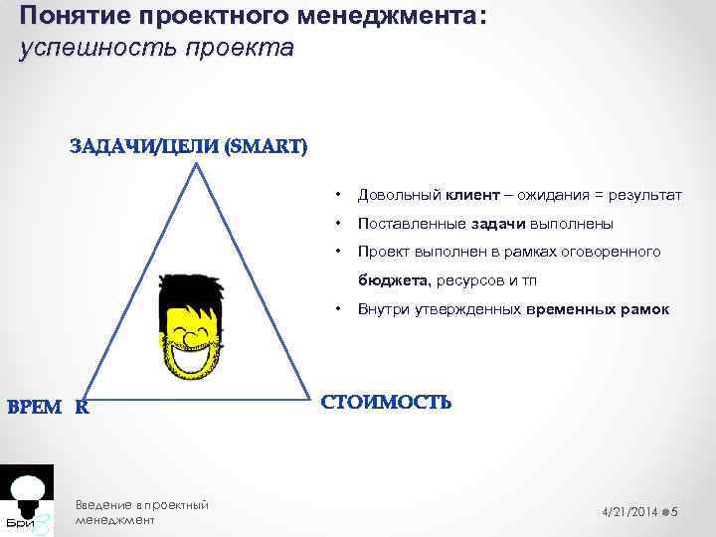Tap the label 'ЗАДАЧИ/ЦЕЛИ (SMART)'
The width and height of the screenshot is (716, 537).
188,147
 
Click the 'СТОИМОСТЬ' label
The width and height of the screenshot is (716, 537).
386,403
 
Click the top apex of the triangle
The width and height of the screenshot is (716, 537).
198,164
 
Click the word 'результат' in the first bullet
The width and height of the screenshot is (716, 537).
645,197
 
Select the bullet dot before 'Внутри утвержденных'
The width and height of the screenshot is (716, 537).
339,308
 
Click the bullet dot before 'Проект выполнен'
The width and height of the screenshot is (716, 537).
339,251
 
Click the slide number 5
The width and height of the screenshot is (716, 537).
675,510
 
